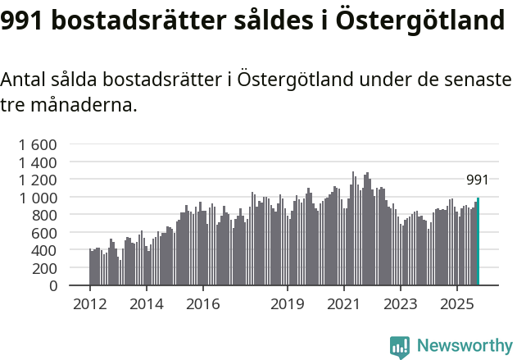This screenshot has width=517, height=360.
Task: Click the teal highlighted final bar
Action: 478,242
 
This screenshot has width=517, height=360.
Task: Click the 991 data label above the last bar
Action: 478,180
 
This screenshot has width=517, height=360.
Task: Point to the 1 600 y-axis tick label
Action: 38,144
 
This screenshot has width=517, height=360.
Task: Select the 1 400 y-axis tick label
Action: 38,162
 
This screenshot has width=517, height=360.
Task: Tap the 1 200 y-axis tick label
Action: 38,180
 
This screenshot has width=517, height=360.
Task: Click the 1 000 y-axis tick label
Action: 38,198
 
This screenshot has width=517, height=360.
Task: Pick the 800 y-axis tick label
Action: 43,216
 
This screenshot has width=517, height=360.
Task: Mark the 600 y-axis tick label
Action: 43,233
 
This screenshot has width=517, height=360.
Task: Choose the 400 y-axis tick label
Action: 43,251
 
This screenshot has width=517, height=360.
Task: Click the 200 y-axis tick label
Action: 43,268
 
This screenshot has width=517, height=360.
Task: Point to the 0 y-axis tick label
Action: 53,286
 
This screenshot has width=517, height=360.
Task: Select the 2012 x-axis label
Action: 89,304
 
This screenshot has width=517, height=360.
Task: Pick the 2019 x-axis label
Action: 288,304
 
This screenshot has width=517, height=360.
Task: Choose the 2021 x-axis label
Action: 344,304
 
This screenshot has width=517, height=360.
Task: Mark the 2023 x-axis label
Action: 401,304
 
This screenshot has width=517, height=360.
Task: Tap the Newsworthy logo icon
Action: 400,346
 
